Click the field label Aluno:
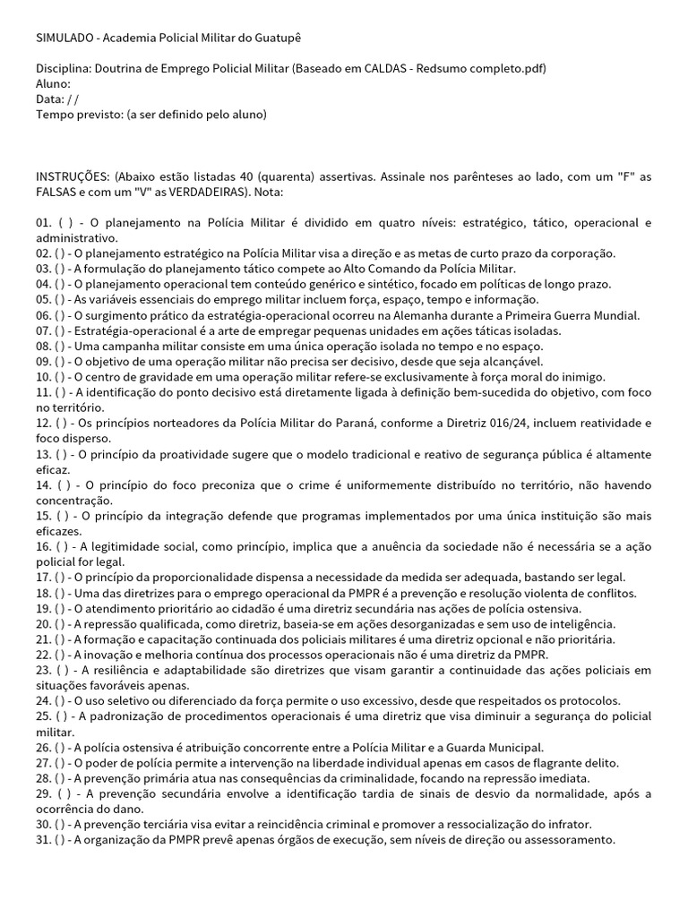53,83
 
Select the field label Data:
51,99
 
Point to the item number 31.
44,839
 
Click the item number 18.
44,593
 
